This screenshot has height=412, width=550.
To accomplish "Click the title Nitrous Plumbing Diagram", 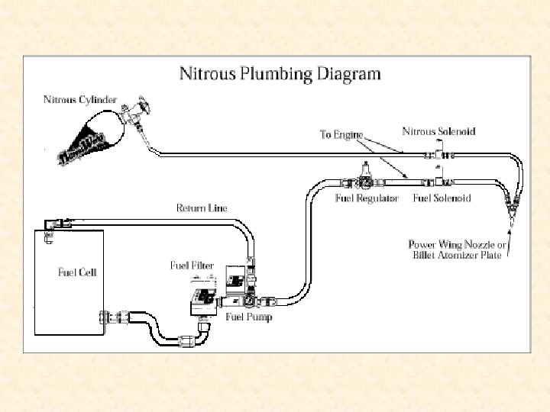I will click(279, 74).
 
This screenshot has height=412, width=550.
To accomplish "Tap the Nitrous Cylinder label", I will click(79, 99).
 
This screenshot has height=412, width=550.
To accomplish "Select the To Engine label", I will click(341, 134).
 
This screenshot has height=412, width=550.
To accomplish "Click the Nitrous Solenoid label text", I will click(438, 131).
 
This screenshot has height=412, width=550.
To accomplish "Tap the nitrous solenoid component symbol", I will click(440, 154).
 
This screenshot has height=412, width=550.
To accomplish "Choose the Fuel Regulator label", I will click(367, 198).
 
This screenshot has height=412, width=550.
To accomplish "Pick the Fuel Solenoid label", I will click(442, 198).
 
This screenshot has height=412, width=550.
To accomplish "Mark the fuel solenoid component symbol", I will click(440, 181).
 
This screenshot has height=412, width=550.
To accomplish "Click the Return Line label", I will click(202, 208).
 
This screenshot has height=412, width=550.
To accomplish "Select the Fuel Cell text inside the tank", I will click(77, 272).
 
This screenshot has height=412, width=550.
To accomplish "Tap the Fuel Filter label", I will click(192, 266).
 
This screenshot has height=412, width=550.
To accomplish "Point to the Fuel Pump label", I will click(248, 317).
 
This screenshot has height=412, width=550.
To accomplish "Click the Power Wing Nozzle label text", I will click(456, 249).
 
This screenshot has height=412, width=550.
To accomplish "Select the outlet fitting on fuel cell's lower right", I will click(107, 316).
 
